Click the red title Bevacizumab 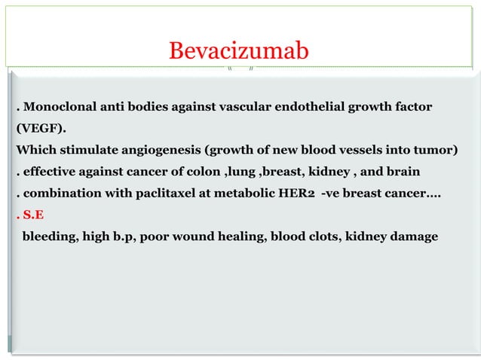tap(239, 51)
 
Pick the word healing tap(250, 236)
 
